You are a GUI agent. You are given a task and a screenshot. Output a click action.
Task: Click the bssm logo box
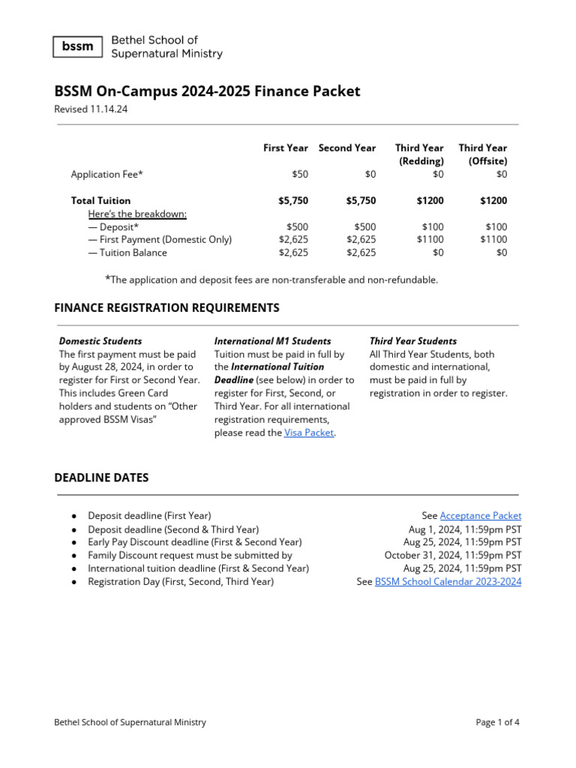click(78, 46)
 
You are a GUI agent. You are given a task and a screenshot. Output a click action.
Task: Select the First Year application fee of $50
click(299, 174)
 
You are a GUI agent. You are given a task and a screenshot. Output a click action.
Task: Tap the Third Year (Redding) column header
click(419, 154)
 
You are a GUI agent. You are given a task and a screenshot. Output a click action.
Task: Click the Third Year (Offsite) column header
click(482, 154)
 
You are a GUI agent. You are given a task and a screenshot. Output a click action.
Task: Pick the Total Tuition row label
click(100, 200)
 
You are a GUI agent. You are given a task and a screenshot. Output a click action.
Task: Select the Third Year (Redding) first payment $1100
click(430, 239)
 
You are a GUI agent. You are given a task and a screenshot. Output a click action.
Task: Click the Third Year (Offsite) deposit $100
click(496, 226)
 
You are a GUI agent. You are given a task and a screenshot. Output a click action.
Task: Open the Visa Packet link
click(309, 433)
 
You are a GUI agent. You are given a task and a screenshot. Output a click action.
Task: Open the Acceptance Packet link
click(480, 515)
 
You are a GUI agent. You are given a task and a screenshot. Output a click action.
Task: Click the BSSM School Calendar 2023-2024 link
click(448, 581)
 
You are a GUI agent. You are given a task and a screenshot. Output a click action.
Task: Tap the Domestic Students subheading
click(100, 340)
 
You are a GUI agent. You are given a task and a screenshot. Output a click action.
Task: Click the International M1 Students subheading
click(272, 340)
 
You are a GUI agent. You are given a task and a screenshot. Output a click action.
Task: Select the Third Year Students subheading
click(412, 340)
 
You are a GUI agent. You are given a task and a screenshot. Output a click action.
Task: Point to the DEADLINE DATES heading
click(101, 478)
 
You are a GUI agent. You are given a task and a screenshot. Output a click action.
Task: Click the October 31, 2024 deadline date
click(452, 555)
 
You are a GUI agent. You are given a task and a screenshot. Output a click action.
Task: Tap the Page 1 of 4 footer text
click(497, 722)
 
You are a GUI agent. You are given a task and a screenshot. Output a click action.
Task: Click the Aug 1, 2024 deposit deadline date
click(464, 529)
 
